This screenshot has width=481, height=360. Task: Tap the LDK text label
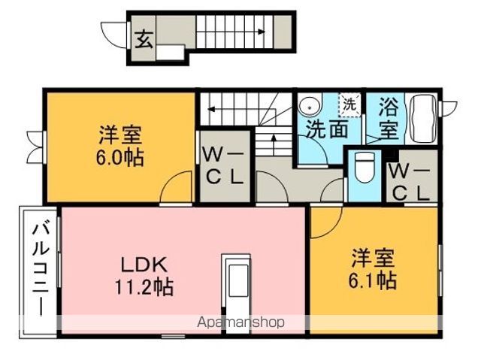coord(144,265)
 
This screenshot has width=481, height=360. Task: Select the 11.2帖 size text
coord(144,287)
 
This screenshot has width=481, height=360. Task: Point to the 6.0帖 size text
coord(120,157)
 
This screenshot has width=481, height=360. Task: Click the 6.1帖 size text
coord(373,280)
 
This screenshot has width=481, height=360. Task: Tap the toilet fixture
coord(365,168)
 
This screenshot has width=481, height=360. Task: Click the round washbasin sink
coord(310,108)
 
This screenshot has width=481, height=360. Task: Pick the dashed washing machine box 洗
coord(349,105)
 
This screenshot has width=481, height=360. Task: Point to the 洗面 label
coord(328,129)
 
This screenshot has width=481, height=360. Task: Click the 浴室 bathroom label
coord(389,118)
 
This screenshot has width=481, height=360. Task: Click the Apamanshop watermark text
coord(240,322)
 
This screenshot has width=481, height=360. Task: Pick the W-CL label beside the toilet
coord(410,183)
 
